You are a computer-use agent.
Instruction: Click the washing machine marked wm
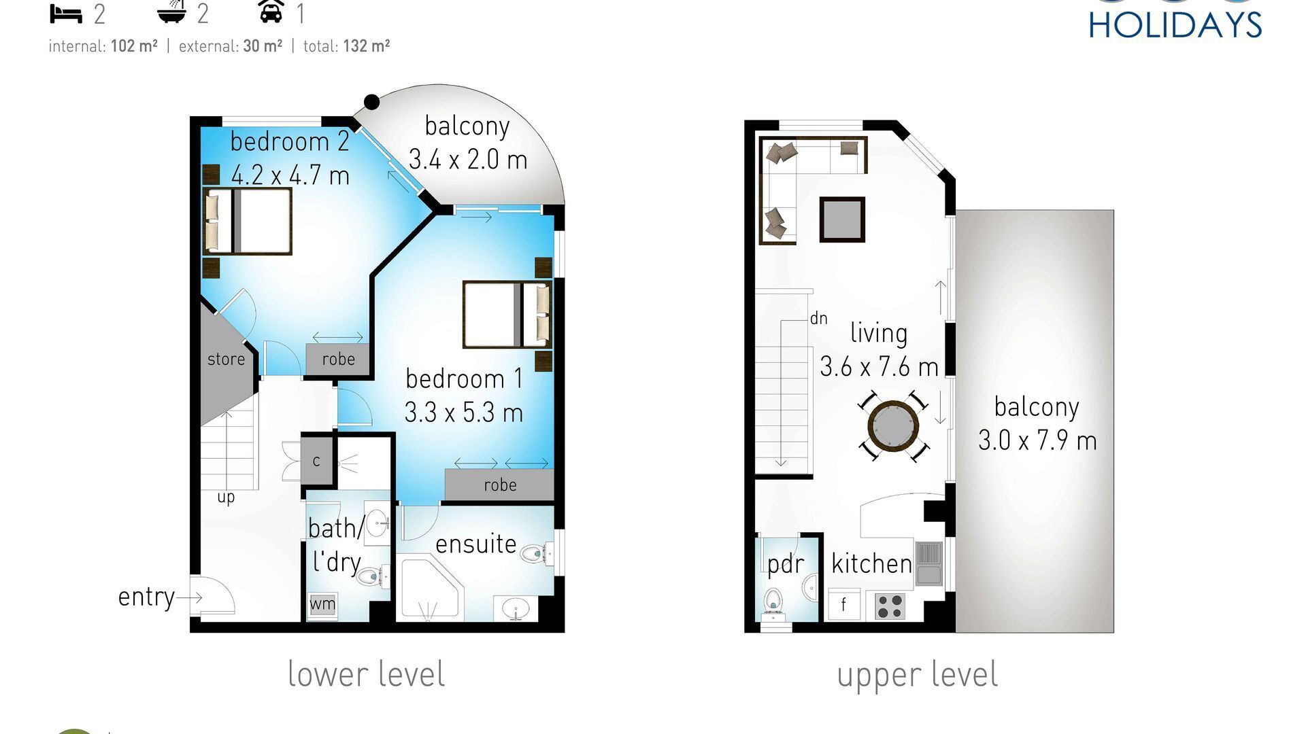pos(322,604)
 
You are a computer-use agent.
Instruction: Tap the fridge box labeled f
pos(843,604)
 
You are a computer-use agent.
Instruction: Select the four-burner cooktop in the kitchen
pos(889,606)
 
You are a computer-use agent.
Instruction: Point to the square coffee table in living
pos(842,220)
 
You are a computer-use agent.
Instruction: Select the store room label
pos(226,360)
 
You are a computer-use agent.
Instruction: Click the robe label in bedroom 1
pos(500,485)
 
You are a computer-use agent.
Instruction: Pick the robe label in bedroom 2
pos(338,360)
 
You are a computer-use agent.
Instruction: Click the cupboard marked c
pos(316,461)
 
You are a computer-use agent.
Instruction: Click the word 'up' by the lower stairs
pos(226,497)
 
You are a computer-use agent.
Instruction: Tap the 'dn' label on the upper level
pos(819,318)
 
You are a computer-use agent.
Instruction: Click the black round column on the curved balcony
pos(371,102)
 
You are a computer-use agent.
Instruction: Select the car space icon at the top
pos(271,12)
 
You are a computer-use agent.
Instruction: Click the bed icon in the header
pos(66,14)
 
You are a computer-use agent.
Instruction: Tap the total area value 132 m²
pos(367,46)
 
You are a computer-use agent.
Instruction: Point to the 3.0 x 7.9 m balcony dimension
pos(1037,441)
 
